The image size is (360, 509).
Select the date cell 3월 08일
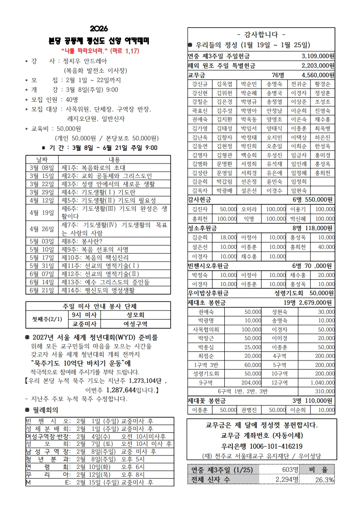point(41,167)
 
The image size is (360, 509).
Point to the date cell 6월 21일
point(41,290)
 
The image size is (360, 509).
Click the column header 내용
point(114,159)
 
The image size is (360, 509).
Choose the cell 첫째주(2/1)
point(47,319)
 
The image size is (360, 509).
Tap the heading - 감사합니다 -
point(261,34)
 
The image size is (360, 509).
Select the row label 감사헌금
point(199,199)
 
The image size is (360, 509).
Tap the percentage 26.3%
point(324,479)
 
